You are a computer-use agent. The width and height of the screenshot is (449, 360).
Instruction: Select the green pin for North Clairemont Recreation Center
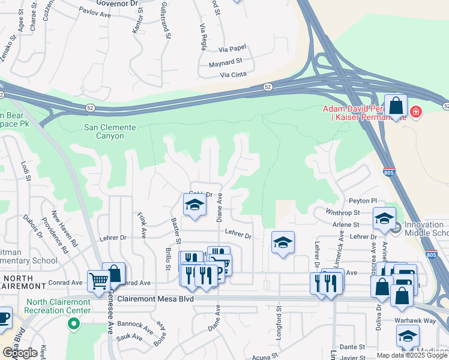(x=74, y=325)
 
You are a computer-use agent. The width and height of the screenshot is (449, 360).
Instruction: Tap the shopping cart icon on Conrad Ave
(x=99, y=281)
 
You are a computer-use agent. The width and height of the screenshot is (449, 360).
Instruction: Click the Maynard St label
(x=225, y=62)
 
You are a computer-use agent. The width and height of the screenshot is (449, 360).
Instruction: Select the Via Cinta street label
(x=234, y=75)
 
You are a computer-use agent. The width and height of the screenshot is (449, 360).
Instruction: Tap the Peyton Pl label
(x=364, y=201)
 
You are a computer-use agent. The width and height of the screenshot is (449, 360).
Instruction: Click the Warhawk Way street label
(x=418, y=320)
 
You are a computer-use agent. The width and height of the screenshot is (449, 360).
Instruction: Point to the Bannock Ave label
(x=135, y=326)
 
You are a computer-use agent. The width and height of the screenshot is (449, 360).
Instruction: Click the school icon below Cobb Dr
(x=194, y=206)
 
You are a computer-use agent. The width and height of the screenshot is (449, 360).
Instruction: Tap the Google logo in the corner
(x=20, y=353)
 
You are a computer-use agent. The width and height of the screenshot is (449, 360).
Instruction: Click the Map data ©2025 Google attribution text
(x=412, y=355)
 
